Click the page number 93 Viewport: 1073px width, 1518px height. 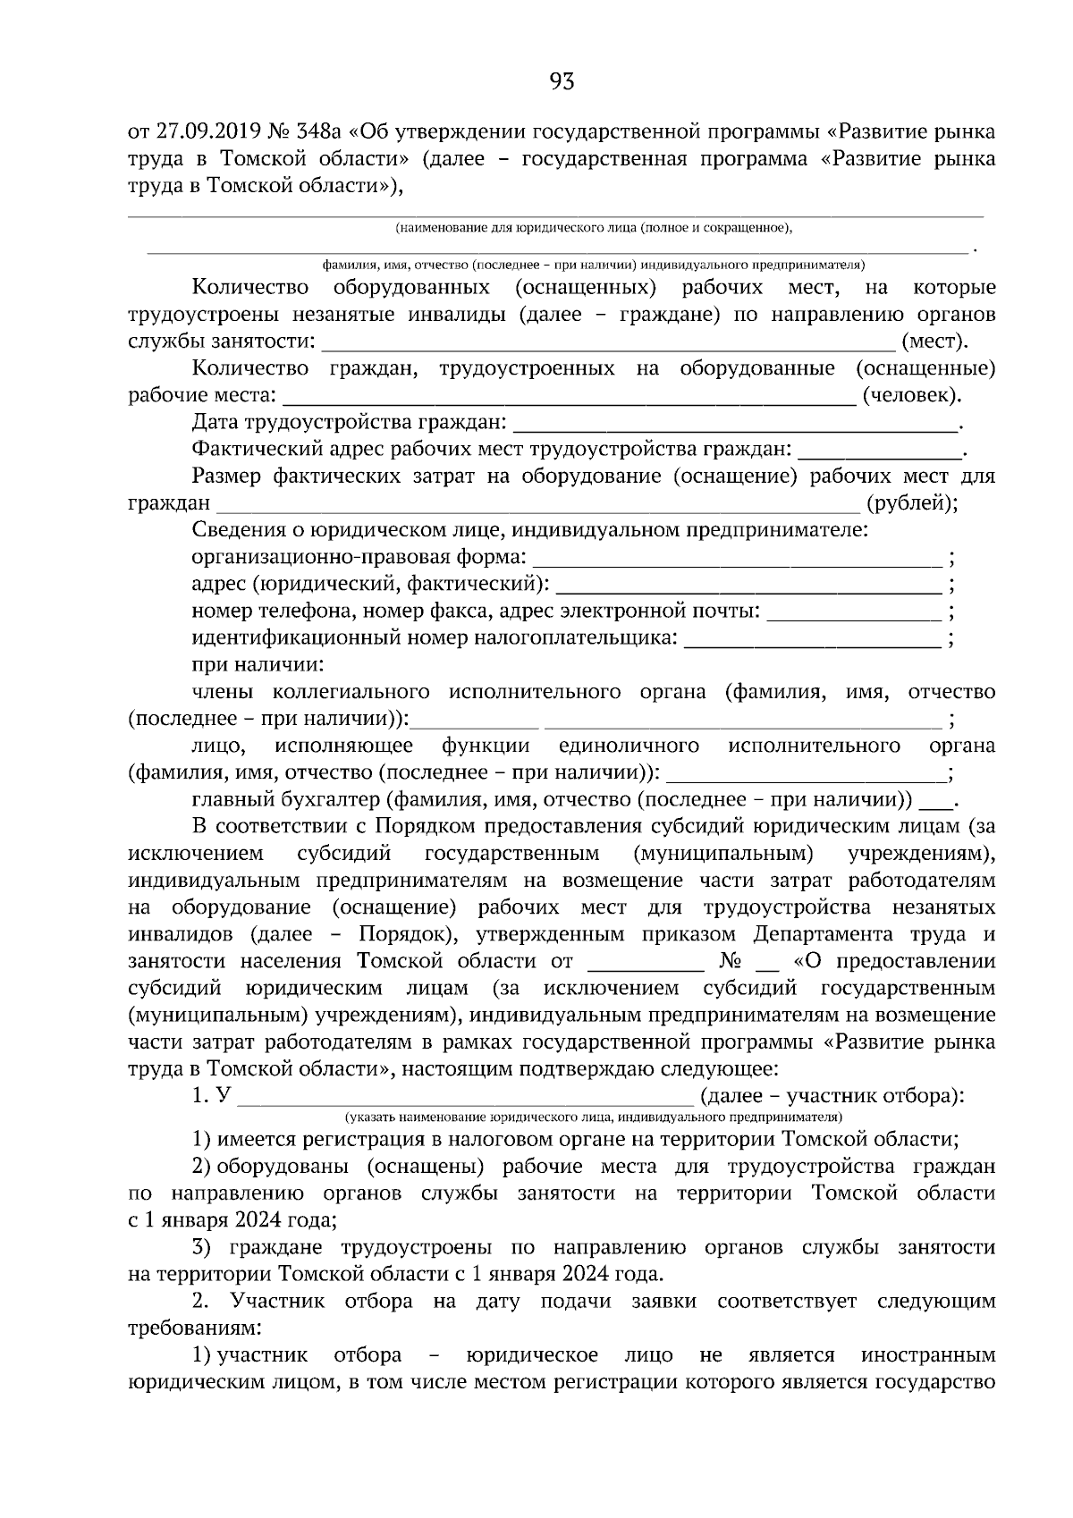pos(562,83)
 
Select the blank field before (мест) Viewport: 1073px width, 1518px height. pos(608,343)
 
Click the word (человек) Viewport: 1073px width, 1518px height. pos(912,395)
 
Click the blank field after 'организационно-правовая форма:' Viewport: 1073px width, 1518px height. pos(738,560)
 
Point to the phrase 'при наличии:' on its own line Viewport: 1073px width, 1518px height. pos(258,665)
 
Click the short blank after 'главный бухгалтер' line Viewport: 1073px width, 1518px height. pos(936,801)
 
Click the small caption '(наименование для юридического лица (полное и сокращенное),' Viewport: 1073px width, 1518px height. pos(594,228)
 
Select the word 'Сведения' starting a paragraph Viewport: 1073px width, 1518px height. pos(234,530)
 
